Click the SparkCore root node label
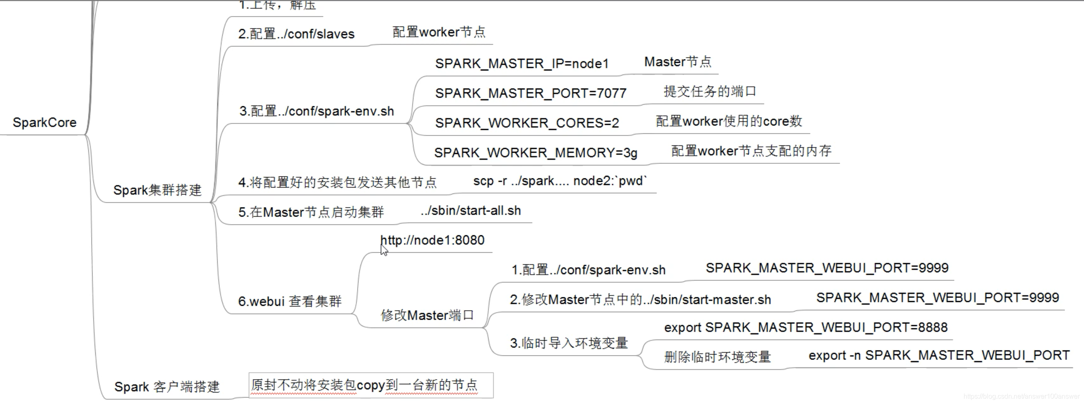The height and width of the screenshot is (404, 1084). pyautogui.click(x=45, y=123)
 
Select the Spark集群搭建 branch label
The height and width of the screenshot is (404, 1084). pyautogui.click(x=157, y=190)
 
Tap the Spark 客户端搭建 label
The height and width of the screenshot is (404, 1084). pyautogui.click(x=167, y=387)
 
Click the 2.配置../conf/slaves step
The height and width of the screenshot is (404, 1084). pyautogui.click(x=296, y=34)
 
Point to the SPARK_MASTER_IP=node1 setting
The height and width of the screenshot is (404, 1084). pyautogui.click(x=522, y=64)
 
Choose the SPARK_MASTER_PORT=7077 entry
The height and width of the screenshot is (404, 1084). pyautogui.click(x=531, y=93)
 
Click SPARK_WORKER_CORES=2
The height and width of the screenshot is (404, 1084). pyautogui.click(x=527, y=123)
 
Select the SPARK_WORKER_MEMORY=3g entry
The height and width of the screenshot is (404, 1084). pyautogui.click(x=536, y=153)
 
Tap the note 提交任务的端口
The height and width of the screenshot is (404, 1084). pyautogui.click(x=710, y=92)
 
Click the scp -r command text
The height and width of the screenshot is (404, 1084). pyautogui.click(x=560, y=181)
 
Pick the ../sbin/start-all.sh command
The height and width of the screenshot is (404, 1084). pyautogui.click(x=470, y=210)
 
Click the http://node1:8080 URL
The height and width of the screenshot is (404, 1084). pyautogui.click(x=433, y=240)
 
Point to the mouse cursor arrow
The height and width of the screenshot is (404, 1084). pyautogui.click(x=384, y=250)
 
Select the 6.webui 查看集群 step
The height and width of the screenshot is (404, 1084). pyautogui.click(x=290, y=301)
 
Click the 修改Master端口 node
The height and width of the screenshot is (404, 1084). pyautogui.click(x=427, y=315)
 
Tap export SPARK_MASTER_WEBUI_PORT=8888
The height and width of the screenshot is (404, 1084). pyautogui.click(x=806, y=327)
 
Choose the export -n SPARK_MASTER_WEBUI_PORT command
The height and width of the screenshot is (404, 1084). pyautogui.click(x=939, y=356)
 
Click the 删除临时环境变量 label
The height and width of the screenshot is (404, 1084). pyautogui.click(x=717, y=357)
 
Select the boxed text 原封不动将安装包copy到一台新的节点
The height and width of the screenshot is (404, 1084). pyautogui.click(x=365, y=385)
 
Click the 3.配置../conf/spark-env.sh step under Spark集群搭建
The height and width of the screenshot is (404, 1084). pyautogui.click(x=317, y=111)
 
